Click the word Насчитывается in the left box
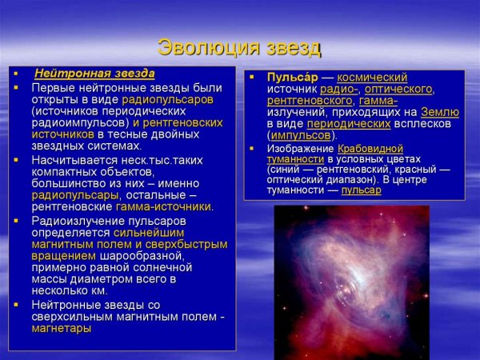click(72, 160)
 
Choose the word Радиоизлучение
click(75, 220)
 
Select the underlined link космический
click(372, 78)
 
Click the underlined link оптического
click(404, 89)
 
